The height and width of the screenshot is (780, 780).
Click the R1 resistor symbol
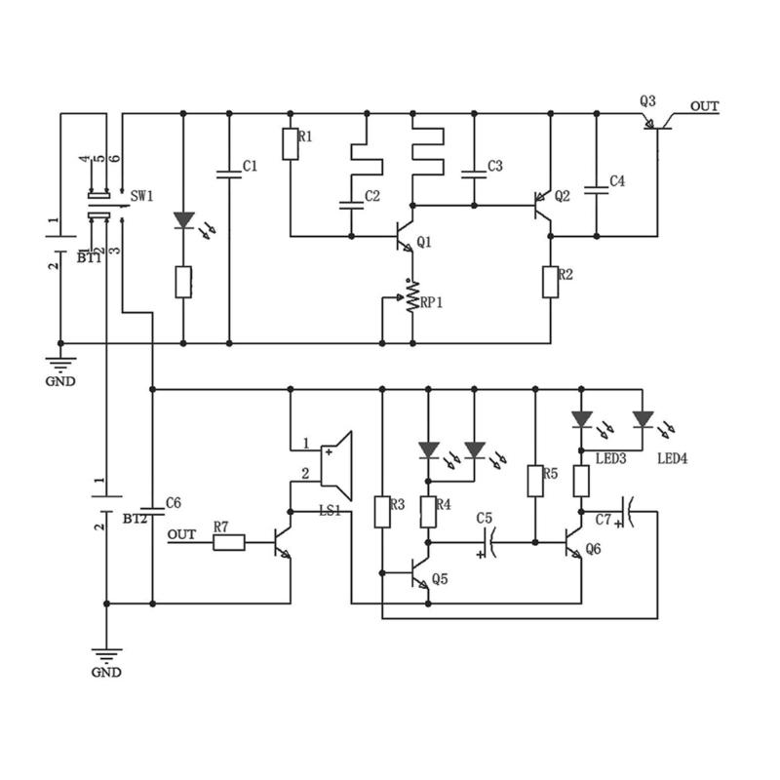(x=291, y=144)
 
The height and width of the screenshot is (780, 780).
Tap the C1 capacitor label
(x=250, y=166)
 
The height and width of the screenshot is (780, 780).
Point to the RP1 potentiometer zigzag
(x=412, y=297)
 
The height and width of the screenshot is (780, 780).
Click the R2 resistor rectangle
(x=550, y=282)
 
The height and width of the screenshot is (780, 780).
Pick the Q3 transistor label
(x=647, y=101)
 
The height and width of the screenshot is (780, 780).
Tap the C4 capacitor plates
(x=597, y=190)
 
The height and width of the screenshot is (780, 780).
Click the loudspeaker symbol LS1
(x=336, y=466)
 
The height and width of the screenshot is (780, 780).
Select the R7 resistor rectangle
(x=229, y=542)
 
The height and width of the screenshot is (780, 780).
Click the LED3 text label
(x=611, y=458)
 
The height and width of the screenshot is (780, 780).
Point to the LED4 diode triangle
(x=643, y=419)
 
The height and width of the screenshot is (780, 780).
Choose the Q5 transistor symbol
(x=420, y=573)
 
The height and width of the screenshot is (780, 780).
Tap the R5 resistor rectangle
(x=535, y=481)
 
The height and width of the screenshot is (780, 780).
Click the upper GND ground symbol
(x=60, y=364)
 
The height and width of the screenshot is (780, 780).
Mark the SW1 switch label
(x=141, y=197)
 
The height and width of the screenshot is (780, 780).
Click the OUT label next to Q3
(x=704, y=106)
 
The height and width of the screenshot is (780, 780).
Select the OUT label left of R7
(x=181, y=534)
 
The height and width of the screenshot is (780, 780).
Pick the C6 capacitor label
(x=174, y=503)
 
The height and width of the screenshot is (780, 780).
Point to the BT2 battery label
(x=135, y=519)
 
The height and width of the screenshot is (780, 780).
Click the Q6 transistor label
(x=594, y=549)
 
